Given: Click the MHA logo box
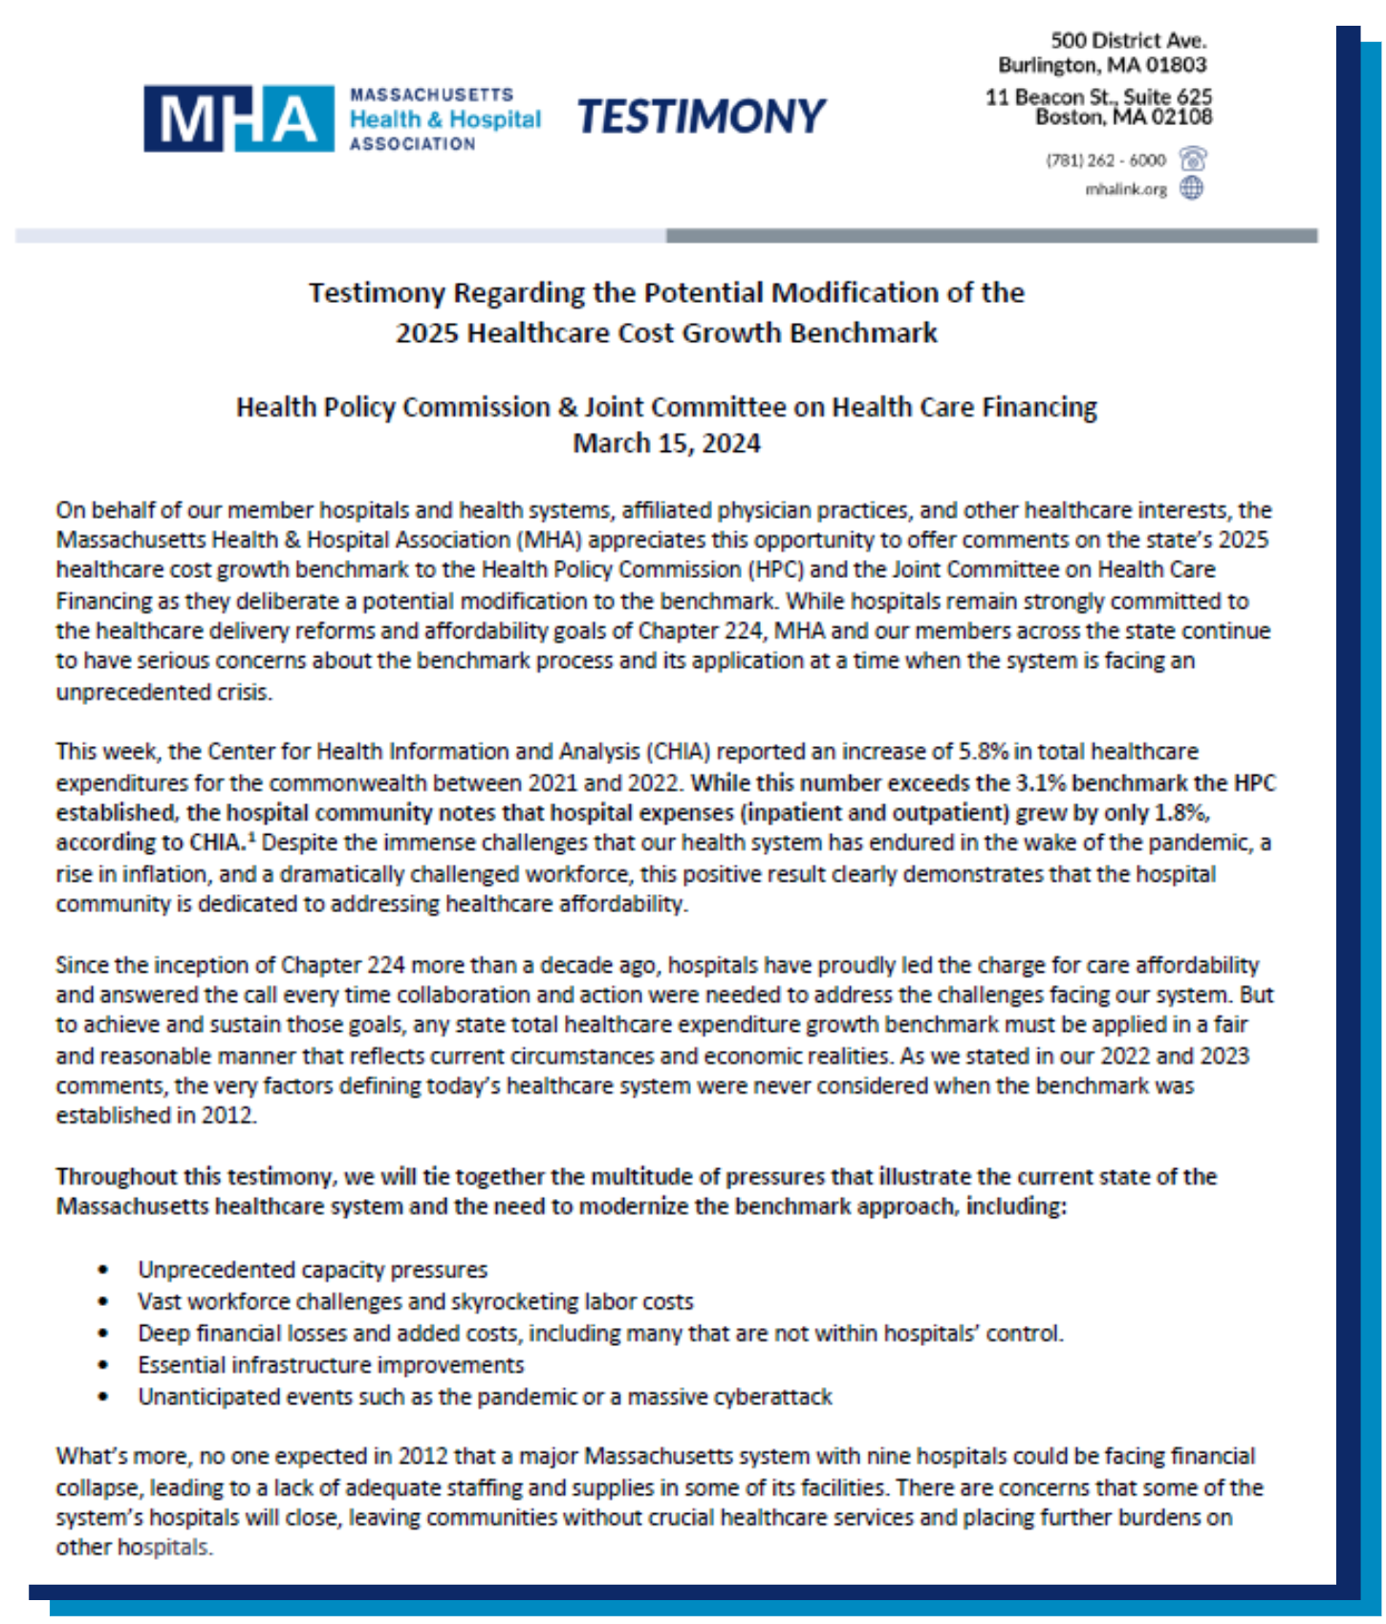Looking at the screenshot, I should [x=238, y=118].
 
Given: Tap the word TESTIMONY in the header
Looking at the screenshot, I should [x=701, y=117].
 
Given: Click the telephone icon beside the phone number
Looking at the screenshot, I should [x=1192, y=159].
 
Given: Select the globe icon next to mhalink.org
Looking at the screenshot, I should [x=1191, y=188].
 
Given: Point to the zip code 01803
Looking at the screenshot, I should [x=1176, y=65].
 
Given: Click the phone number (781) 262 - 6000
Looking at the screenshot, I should [x=1105, y=160].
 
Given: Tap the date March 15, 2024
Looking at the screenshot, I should [x=666, y=444].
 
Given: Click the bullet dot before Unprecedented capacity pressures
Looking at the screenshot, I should [x=103, y=1271].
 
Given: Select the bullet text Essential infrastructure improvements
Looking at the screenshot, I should [x=331, y=1365].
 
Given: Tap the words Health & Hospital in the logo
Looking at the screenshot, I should [x=444, y=119].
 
